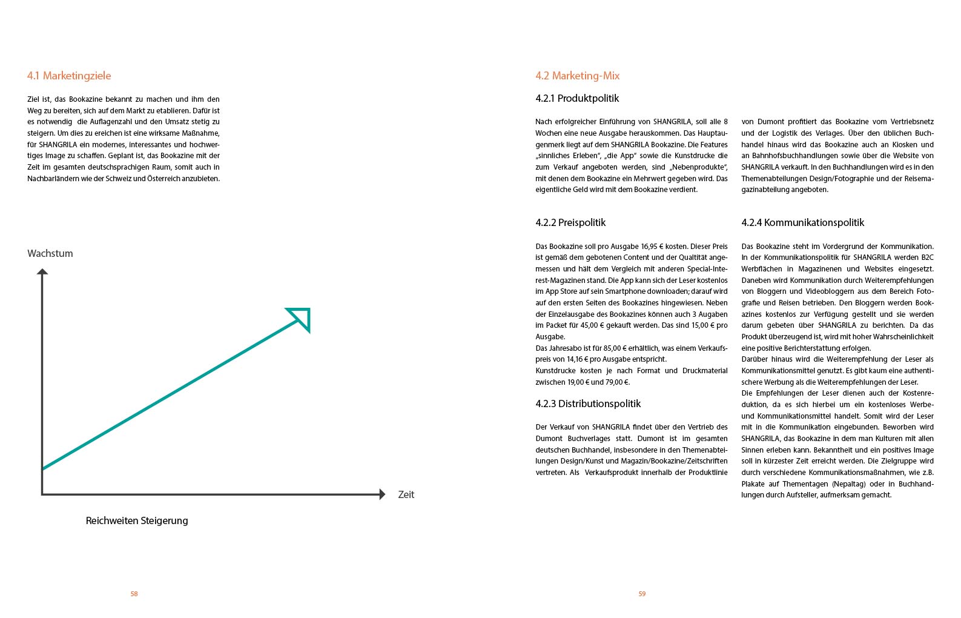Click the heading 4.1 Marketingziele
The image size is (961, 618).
coord(69,76)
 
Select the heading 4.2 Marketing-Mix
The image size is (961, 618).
coord(577,76)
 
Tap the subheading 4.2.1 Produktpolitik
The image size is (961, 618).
coord(577,98)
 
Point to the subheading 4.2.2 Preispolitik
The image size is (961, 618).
coord(570,222)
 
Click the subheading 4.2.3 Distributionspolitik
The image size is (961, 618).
coord(588,404)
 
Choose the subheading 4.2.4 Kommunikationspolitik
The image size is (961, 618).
coord(802,222)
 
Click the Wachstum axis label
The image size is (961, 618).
coord(50,253)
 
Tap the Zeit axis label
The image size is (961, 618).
coord(406,494)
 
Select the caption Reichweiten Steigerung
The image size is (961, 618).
coord(137,520)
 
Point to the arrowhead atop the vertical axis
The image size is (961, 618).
coord(42,272)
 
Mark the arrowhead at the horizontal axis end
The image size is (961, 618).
coord(382,494)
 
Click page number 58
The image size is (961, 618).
coord(134,594)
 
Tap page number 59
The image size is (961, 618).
coord(642,594)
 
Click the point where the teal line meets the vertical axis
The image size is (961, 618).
coord(42,468)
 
